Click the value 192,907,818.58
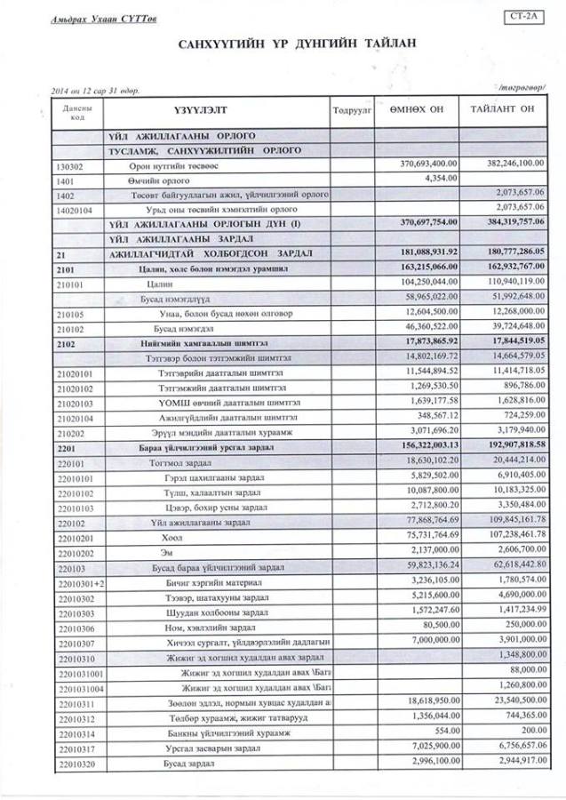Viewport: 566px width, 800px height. [x=512, y=443]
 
